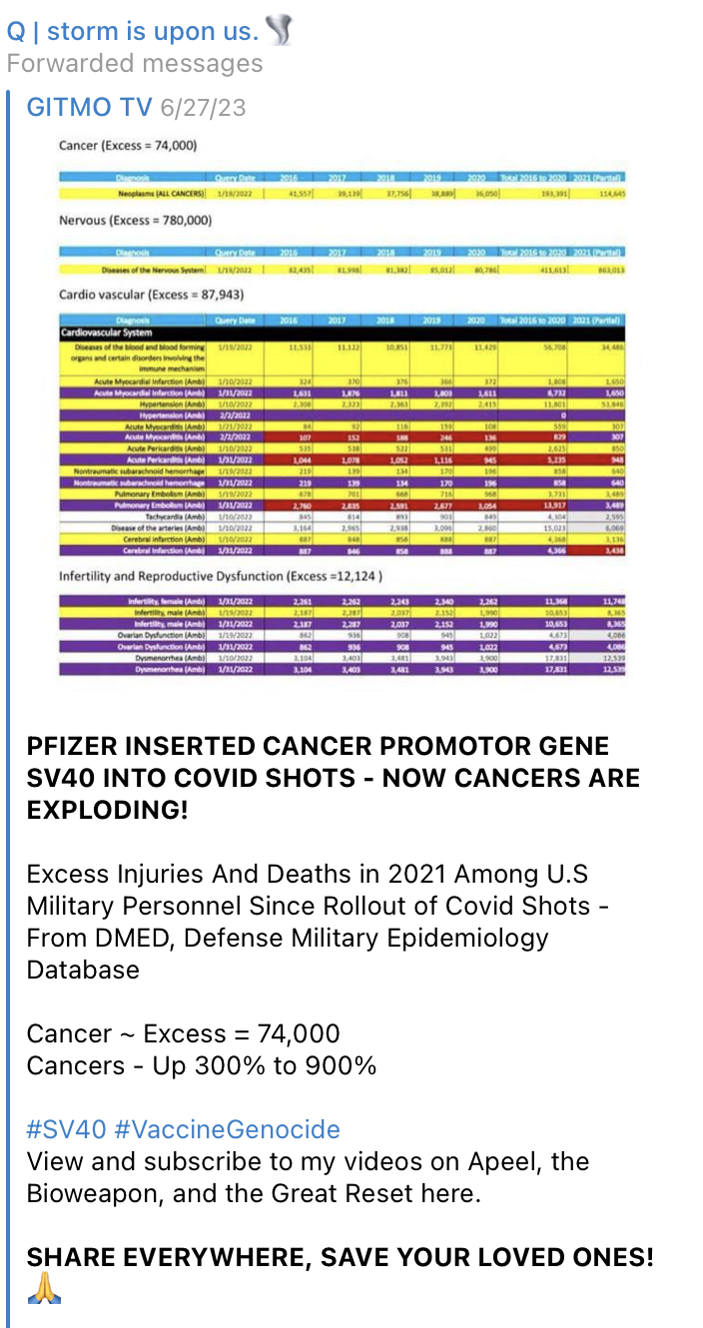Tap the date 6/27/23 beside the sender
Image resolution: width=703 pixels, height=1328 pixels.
tap(209, 107)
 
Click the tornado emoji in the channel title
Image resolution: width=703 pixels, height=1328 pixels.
tap(281, 32)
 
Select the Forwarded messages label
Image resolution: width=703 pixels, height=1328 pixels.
tap(135, 64)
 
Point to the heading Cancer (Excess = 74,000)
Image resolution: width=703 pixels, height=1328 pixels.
tap(128, 146)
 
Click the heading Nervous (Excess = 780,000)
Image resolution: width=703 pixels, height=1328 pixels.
tap(134, 220)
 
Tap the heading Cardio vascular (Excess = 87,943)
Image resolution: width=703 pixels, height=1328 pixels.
tap(152, 295)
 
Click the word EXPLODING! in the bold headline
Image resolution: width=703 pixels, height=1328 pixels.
tap(107, 809)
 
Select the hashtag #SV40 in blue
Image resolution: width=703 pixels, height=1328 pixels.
tap(67, 1129)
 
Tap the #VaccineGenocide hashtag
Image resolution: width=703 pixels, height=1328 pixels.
tap(228, 1129)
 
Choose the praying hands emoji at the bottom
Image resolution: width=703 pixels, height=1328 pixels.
tap(44, 1289)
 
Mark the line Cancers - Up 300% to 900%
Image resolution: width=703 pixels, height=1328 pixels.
tap(202, 1065)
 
